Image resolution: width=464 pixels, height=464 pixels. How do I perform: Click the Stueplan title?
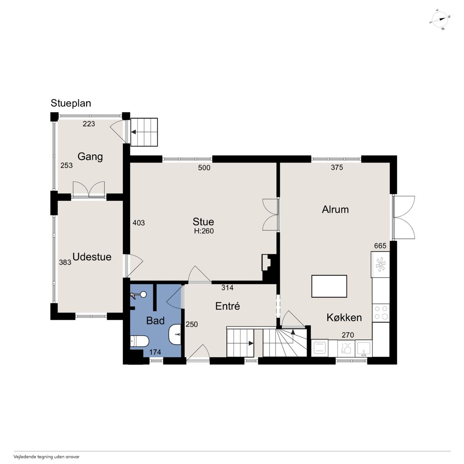click(x=71, y=103)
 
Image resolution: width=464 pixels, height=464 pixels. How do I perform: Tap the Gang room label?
click(x=90, y=157)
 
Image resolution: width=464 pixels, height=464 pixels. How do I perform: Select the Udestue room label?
click(x=92, y=257)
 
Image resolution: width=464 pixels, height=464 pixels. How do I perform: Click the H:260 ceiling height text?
click(x=204, y=231)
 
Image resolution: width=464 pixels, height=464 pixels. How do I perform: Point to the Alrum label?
click(x=335, y=210)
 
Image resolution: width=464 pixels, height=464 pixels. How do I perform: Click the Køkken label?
click(x=344, y=318)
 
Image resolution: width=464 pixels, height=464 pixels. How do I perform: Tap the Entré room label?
click(x=228, y=306)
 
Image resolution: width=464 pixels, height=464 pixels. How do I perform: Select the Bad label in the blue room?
click(x=155, y=321)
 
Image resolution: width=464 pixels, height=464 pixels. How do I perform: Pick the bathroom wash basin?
click(x=175, y=335)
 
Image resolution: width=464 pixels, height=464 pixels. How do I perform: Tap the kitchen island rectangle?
click(x=329, y=286)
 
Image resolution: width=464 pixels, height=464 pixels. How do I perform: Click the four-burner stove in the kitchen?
click(x=381, y=312)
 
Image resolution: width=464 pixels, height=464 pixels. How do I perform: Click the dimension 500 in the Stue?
click(x=204, y=167)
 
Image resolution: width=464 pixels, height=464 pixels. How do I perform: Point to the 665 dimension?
click(x=380, y=246)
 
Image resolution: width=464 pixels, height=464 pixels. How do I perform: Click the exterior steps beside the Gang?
click(x=144, y=132)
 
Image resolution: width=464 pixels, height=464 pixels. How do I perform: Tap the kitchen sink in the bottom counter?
click(x=364, y=348)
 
